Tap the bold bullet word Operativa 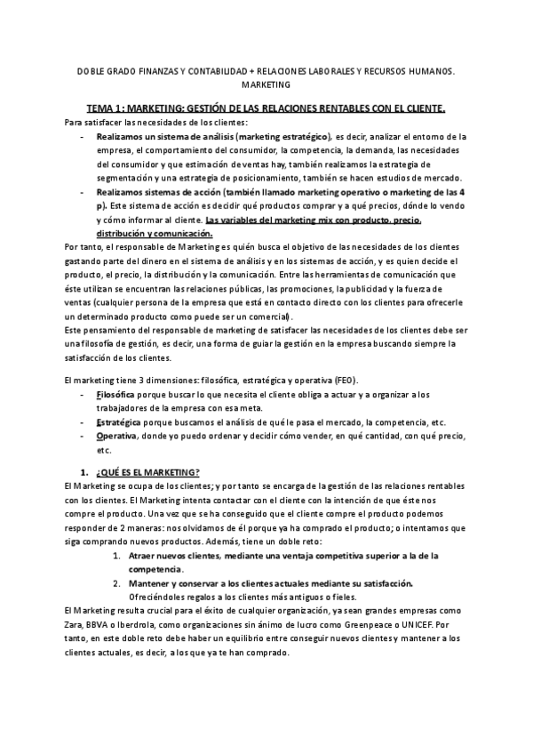(x=116, y=436)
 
